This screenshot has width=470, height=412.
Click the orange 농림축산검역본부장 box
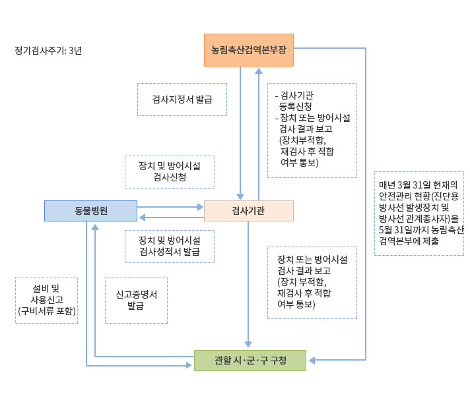[249, 50]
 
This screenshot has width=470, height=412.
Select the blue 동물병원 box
[90, 211]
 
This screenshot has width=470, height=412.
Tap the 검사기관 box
[249, 211]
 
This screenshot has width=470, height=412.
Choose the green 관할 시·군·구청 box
[250, 361]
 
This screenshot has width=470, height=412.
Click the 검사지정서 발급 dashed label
[182, 100]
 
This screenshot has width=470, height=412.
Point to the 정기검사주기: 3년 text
[48, 50]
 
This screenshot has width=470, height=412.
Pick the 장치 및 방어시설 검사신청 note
[170, 171]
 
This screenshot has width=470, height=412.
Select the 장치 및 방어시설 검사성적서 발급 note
[170, 246]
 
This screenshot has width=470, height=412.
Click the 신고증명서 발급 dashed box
[136, 300]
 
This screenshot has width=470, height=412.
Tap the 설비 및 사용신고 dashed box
[46, 300]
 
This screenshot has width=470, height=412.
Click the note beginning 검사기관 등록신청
[312, 130]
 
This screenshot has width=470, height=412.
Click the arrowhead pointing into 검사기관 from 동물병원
[201, 206]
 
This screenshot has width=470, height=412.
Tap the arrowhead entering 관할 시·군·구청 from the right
[311, 361]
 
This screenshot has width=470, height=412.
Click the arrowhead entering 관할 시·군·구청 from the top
[248, 345]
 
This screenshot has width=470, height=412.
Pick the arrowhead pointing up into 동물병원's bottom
[96, 226]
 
